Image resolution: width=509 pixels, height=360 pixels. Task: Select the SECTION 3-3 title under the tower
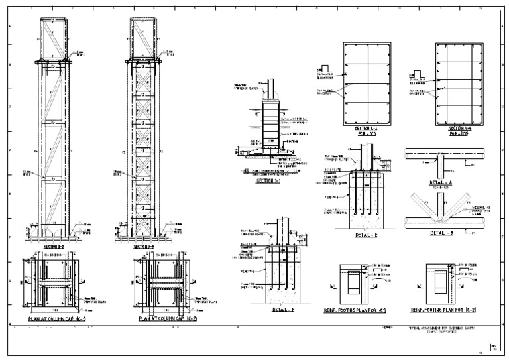pyautogui.click(x=144, y=246)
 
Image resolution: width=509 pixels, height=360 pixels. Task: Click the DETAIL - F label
pyautogui.click(x=283, y=310)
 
